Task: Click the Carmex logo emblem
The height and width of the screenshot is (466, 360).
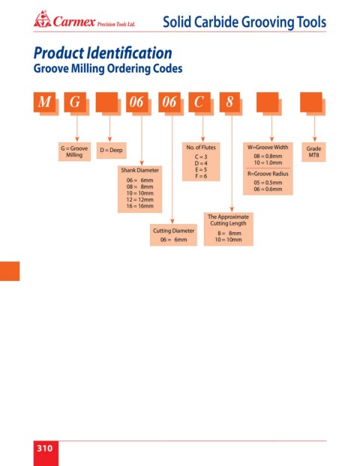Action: (x=42, y=19)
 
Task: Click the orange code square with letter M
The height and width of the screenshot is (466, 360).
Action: (x=45, y=102)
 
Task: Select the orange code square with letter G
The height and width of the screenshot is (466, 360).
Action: (x=75, y=102)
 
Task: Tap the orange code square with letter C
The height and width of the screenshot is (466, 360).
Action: (x=199, y=102)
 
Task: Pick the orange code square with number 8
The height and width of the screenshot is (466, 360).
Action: (x=229, y=102)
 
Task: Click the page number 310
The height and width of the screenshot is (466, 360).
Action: (x=45, y=448)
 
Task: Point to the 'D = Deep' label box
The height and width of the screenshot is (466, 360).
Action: (x=111, y=151)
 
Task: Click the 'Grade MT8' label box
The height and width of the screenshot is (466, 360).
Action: (x=313, y=152)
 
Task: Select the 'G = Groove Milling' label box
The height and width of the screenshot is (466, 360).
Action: (x=74, y=151)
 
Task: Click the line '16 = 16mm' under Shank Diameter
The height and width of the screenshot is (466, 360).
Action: (x=139, y=206)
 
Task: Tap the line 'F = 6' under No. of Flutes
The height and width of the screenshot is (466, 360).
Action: (x=201, y=176)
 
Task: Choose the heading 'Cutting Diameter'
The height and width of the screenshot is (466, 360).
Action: (x=173, y=231)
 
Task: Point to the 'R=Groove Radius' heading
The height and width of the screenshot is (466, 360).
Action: (x=268, y=174)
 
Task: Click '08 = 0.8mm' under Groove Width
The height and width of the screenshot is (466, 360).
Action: (x=268, y=157)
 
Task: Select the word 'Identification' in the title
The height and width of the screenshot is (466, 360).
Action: (x=130, y=53)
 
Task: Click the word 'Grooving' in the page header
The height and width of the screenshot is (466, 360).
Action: (x=268, y=22)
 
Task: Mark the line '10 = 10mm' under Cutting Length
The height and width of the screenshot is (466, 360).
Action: (x=228, y=240)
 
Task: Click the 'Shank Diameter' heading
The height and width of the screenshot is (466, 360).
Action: (x=139, y=170)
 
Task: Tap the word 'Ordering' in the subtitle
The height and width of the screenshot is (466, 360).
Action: (x=128, y=69)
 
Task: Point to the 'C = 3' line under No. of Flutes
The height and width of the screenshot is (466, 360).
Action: (x=201, y=157)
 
